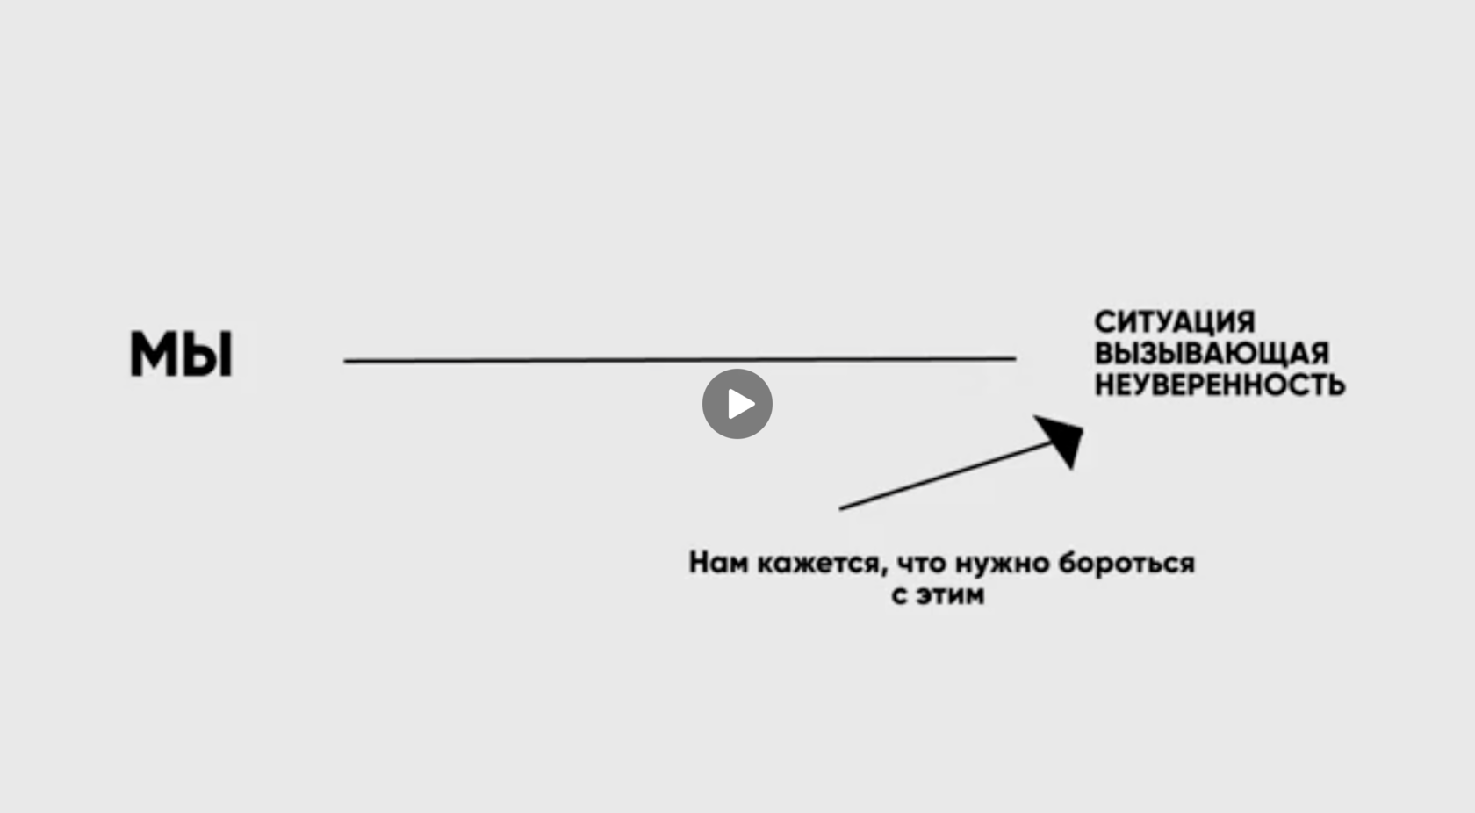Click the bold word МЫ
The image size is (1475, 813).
click(x=182, y=354)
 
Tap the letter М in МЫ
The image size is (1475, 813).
click(x=155, y=354)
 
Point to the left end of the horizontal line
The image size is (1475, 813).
click(x=346, y=361)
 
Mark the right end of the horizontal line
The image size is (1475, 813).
click(x=1014, y=358)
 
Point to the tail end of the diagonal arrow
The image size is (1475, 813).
click(x=842, y=508)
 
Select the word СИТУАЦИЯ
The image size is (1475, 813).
click(x=1174, y=321)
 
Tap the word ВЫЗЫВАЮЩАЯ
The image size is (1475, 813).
click(x=1211, y=353)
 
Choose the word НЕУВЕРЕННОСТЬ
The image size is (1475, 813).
click(x=1220, y=385)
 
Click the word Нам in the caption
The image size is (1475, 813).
click(x=717, y=563)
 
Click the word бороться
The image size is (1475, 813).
click(x=1126, y=563)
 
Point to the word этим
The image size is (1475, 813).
click(x=950, y=595)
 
